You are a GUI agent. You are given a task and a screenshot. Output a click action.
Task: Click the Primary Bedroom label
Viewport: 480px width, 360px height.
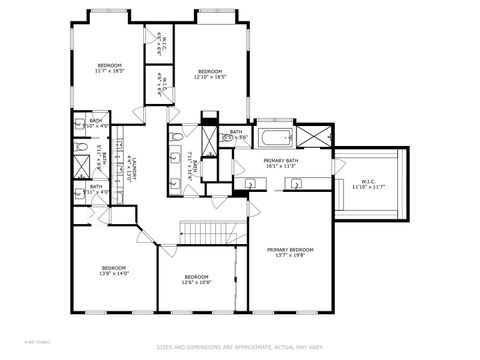[289, 251]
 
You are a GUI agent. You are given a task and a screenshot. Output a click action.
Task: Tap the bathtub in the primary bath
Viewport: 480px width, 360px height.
[274, 137]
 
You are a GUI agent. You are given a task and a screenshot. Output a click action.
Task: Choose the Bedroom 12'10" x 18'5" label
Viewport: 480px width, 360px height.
[209, 73]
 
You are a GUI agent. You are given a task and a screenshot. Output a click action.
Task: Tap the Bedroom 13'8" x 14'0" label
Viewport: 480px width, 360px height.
[114, 270]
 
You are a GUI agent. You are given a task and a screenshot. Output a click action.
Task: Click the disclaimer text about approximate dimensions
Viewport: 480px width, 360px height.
[239, 347]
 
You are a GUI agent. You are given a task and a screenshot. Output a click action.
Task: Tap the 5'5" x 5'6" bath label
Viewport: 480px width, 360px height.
[236, 134]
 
